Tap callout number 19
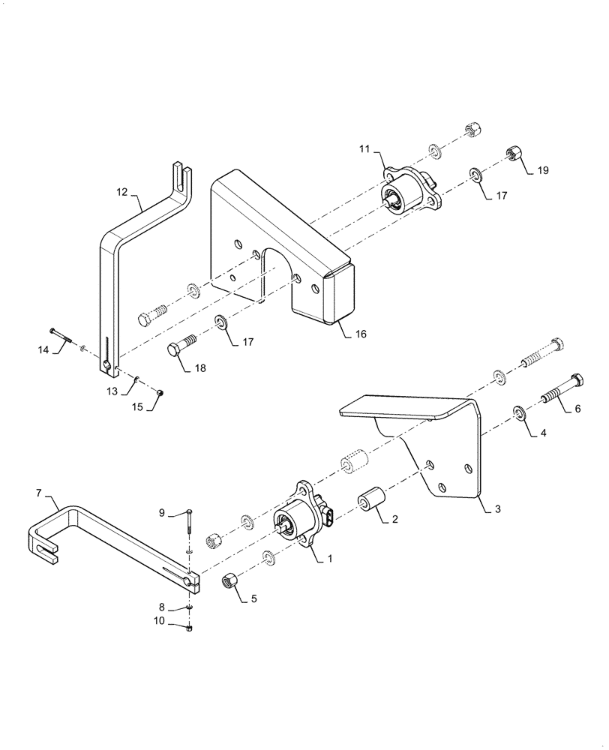point(542,170)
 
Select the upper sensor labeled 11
point(409,193)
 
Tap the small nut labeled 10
point(189,628)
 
